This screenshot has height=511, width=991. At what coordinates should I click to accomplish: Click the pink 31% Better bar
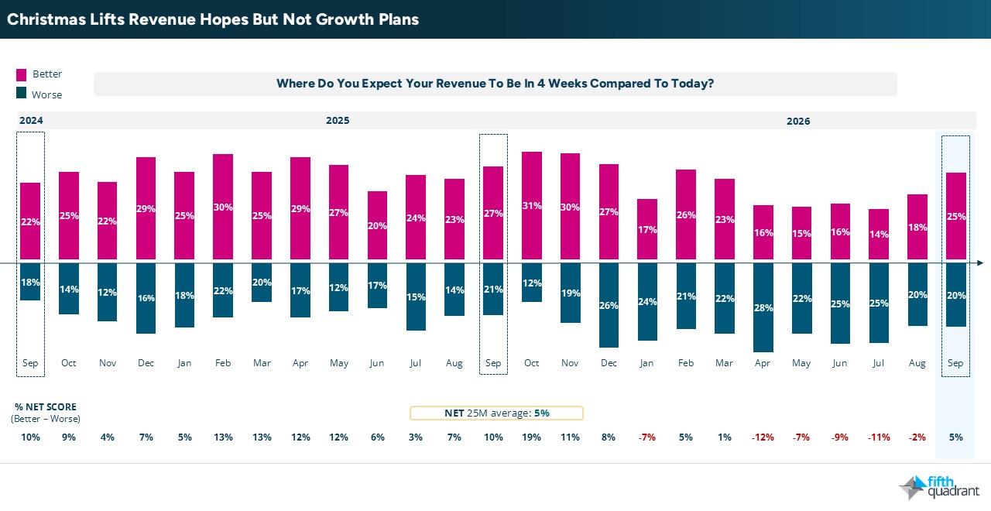tap(531, 205)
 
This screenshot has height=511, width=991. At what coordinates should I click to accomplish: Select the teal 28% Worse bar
tap(763, 307)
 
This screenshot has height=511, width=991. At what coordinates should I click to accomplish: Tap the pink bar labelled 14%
tap(878, 234)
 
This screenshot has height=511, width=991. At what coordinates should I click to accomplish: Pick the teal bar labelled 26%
tap(609, 305)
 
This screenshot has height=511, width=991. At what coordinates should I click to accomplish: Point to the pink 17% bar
tap(646, 229)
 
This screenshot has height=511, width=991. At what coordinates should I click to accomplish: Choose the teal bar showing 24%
tap(647, 302)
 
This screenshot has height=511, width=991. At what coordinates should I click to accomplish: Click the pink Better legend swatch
tap(21, 75)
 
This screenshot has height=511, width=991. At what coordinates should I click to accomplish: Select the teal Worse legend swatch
tap(21, 93)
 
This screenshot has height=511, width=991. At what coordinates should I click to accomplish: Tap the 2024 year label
tap(31, 120)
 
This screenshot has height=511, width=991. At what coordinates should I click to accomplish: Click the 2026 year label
tap(798, 122)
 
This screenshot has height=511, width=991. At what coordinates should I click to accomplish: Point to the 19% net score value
tap(531, 437)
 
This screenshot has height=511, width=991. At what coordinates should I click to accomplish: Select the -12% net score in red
tap(763, 437)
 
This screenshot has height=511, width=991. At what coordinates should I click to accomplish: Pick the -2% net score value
tap(917, 437)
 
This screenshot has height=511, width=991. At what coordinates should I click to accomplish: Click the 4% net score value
tap(108, 437)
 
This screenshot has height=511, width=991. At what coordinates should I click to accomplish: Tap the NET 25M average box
tap(496, 413)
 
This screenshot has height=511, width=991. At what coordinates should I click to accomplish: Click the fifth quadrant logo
tap(939, 487)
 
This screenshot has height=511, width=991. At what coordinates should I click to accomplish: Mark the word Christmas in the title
tap(46, 19)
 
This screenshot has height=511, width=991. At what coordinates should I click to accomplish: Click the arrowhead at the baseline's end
tap(980, 262)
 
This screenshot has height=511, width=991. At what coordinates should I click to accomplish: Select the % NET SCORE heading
tap(46, 406)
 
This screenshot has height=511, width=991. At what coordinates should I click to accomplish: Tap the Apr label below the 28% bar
tap(763, 363)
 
